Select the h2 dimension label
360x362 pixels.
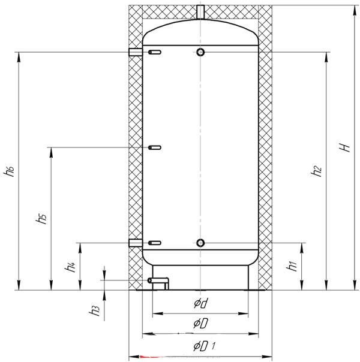tap(316, 171)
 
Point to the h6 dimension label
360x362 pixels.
tap(9, 171)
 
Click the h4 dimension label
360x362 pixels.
tap(70, 267)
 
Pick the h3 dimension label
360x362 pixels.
tap(95, 310)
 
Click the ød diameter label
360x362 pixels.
tap(201, 303)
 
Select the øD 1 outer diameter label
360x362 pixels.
tap(205, 346)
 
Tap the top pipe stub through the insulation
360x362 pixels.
tap(200, 12)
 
